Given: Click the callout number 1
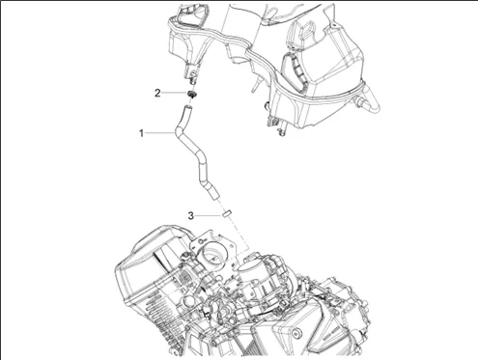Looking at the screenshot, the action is tap(141, 133).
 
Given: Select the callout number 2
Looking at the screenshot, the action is tap(157, 94).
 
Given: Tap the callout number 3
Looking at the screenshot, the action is tap(191, 215).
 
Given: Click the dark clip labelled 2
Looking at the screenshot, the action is tap(192, 95).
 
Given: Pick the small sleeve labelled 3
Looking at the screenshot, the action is tap(228, 213).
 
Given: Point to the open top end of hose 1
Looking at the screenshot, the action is tap(188, 107).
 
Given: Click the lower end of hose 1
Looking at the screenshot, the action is tap(214, 195).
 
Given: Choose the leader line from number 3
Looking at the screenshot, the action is tap(209, 215).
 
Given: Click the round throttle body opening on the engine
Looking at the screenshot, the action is tap(213, 254).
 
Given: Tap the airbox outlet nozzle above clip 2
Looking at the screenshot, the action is tap(191, 75).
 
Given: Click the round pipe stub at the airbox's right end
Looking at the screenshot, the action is tap(370, 102).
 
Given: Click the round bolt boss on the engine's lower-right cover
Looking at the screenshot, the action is tap(298, 332).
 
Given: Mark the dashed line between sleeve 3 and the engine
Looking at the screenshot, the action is tap(239, 233).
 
